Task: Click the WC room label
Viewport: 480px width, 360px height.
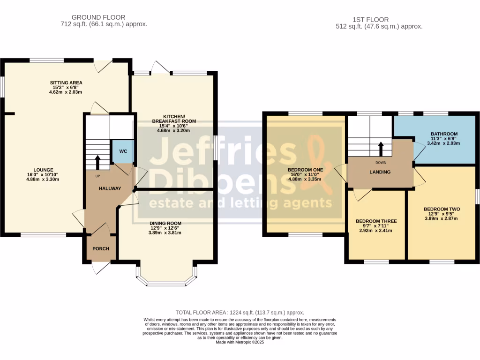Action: click(123, 151)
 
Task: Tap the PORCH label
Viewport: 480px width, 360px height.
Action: click(101, 248)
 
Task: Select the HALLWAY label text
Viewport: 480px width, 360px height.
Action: click(110, 188)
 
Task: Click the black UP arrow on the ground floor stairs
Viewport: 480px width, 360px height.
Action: click(98, 162)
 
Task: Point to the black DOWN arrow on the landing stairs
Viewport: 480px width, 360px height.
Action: click(381, 149)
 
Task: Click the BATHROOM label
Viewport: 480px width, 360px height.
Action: click(444, 134)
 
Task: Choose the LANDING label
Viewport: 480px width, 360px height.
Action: click(380, 172)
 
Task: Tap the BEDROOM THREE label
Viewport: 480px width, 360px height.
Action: click(376, 221)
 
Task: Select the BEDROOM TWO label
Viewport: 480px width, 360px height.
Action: click(442, 209)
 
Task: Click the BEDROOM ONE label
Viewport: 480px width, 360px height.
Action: click(305, 170)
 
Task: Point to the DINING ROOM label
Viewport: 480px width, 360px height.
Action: click(165, 224)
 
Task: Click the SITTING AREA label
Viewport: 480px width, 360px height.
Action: click(66, 82)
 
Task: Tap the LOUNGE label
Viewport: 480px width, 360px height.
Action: click(43, 170)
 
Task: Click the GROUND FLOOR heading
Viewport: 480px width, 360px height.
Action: click(98, 17)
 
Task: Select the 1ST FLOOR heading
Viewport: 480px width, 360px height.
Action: click(370, 20)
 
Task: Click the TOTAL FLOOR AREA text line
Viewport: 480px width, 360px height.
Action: click(240, 313)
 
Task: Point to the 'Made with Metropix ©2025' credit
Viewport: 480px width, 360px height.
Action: click(240, 342)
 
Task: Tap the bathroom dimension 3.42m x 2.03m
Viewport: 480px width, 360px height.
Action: click(443, 143)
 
